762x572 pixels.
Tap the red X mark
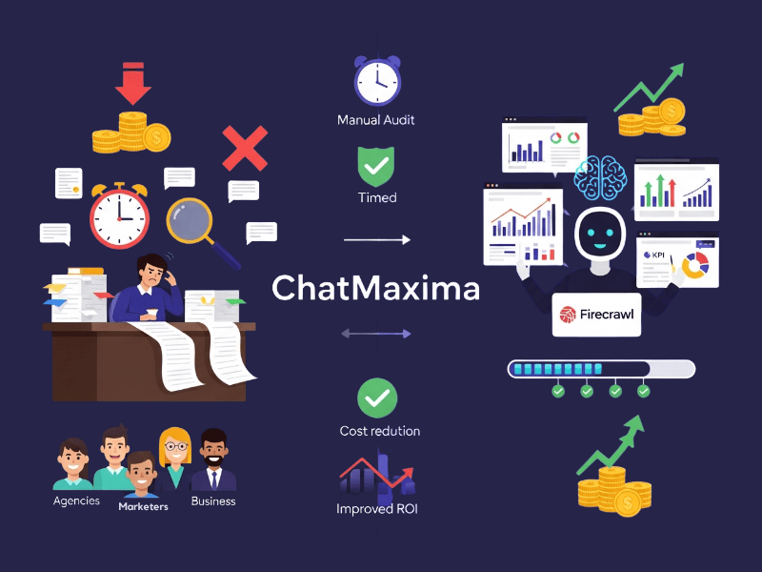244,150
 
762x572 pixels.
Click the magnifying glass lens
193,220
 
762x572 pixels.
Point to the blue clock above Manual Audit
377,80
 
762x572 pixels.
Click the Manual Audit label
376,121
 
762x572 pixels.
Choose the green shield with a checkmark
376,165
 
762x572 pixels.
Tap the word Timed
377,197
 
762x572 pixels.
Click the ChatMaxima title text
376,288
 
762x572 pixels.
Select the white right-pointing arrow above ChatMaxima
376,240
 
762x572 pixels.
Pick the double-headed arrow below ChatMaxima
376,334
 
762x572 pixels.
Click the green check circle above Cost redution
377,398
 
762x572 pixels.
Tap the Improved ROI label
377,508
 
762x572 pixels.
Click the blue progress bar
601,369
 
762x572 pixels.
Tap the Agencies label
76,500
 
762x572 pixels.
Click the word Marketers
143,506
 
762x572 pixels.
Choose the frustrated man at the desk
152,286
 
